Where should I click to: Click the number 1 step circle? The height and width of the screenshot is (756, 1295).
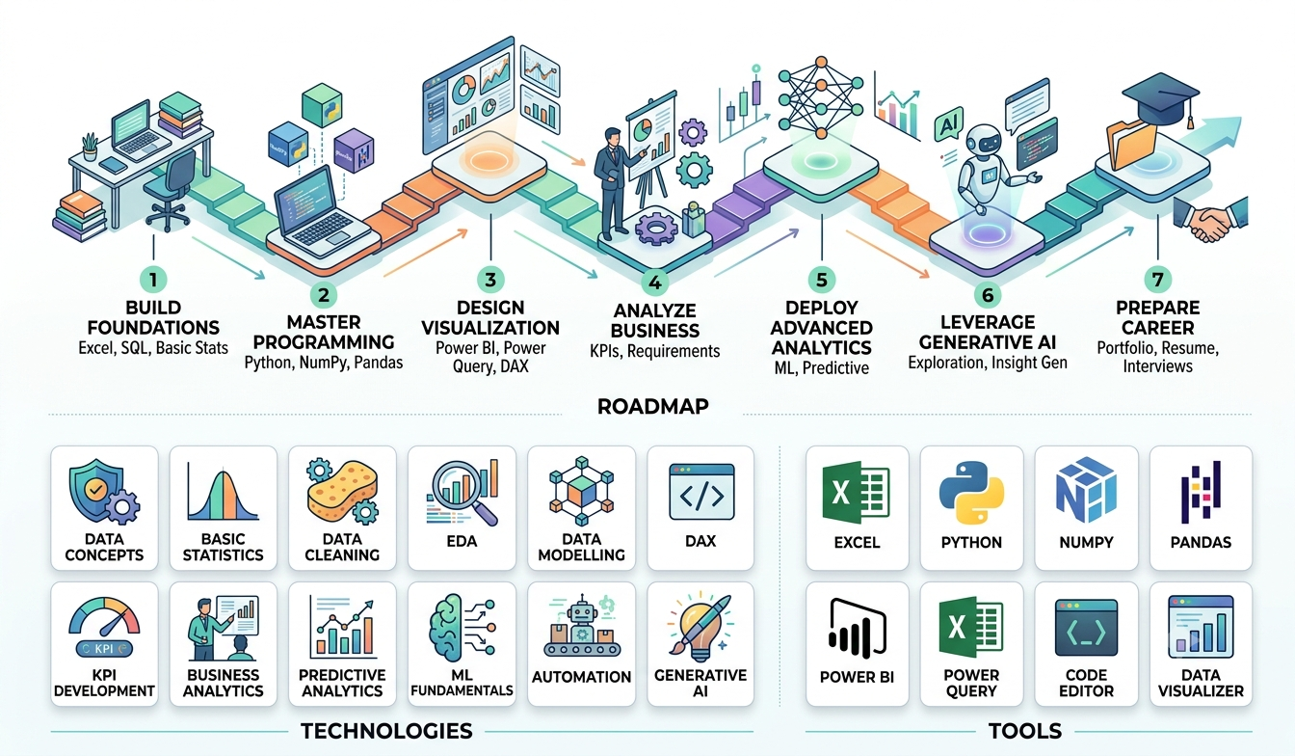(x=153, y=280)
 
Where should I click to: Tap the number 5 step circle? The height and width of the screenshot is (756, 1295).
(x=822, y=280)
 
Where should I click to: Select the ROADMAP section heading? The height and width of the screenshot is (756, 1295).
(x=652, y=406)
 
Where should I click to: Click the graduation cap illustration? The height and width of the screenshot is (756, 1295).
(x=1160, y=99)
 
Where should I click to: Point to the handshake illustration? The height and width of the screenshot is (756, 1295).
(x=1211, y=219)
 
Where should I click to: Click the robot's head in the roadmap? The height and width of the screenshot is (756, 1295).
(x=984, y=142)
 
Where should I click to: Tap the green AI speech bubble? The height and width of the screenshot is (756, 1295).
(x=949, y=123)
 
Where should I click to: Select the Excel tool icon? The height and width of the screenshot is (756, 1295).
(x=857, y=494)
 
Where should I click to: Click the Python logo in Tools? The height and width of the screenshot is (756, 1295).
(x=971, y=493)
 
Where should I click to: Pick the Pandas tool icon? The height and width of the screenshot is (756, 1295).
(x=1201, y=492)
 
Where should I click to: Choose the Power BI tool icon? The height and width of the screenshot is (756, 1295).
(x=857, y=629)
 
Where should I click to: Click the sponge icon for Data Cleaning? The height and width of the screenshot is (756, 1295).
(x=343, y=492)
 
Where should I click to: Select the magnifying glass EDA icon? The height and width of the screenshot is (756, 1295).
(x=462, y=493)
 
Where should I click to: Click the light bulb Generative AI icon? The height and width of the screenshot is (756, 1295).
(x=700, y=628)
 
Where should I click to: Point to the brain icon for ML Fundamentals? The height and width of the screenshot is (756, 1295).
(x=462, y=629)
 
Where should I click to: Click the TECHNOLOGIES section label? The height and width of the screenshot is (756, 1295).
(x=386, y=731)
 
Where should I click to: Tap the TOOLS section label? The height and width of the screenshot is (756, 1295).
(x=1025, y=731)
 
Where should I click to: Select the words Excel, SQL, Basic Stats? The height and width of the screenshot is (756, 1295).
(x=153, y=348)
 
